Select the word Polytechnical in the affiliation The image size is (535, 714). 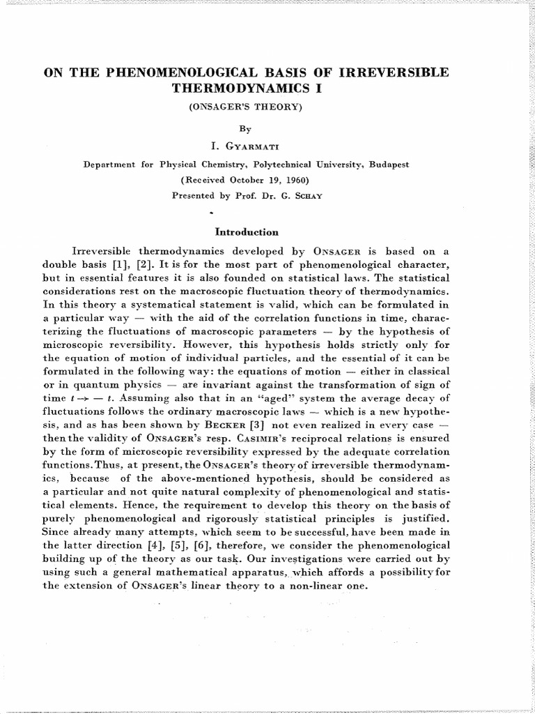[x=270, y=165]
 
